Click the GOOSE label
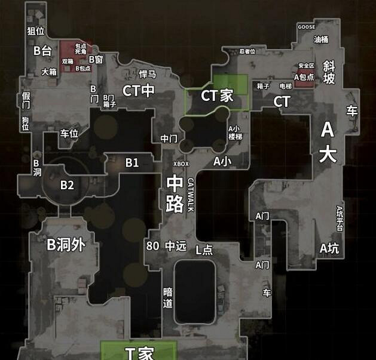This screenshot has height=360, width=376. coord(307,27)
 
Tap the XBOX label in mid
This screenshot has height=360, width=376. coord(181,164)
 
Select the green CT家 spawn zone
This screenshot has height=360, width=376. coord(216,94)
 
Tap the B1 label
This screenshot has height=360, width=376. coord(132,162)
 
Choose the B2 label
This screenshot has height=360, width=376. coord(67,185)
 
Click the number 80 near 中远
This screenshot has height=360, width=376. coord(152,245)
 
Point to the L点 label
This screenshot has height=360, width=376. coord(204,250)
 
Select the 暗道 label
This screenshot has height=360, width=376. coord(168,297)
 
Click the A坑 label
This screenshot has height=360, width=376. coord(329,248)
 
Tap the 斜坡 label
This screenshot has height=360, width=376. coord(329,71)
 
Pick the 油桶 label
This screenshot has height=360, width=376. coord(321,39)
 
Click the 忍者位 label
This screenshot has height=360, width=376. coord(247,51)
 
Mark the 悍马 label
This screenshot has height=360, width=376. coord(147,74)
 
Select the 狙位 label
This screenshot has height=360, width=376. coord(36,31)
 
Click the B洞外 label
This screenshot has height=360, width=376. coord(66,244)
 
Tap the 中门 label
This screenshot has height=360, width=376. coord(169,139)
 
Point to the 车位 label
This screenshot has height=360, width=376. coord(69,133)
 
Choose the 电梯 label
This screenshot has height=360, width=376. coord(286,86)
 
